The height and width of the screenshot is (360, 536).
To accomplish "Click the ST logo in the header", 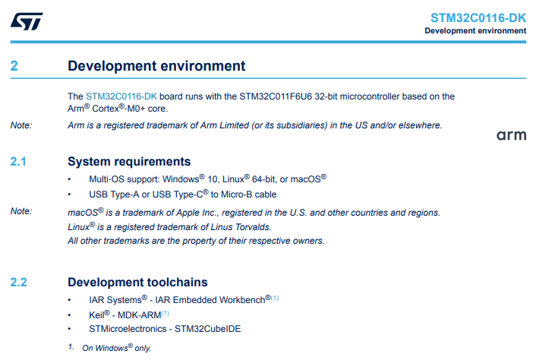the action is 27,21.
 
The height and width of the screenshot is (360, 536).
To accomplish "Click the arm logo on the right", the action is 512,135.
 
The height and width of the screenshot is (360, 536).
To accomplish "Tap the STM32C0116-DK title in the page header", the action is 478,17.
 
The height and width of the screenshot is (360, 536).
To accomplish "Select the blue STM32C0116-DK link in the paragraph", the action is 121,96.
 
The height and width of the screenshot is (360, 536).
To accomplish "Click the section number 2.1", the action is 18,161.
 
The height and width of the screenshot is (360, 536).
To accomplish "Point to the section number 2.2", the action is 18,282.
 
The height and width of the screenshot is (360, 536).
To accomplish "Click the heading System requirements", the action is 129,161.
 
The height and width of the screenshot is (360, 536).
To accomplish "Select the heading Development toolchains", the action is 137,282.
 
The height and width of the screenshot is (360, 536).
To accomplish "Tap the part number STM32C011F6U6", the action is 276,96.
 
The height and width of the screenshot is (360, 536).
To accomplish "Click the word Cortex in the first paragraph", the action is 106,109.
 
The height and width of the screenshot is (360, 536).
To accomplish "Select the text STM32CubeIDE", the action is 208,329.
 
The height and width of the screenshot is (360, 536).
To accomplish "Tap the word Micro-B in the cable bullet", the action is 237,194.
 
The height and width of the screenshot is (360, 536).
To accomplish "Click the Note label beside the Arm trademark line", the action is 21,125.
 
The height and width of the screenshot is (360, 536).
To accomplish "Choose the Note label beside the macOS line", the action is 21,211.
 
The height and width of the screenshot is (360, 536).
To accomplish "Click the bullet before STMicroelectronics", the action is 69,329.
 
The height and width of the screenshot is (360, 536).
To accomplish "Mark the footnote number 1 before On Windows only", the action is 71,346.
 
